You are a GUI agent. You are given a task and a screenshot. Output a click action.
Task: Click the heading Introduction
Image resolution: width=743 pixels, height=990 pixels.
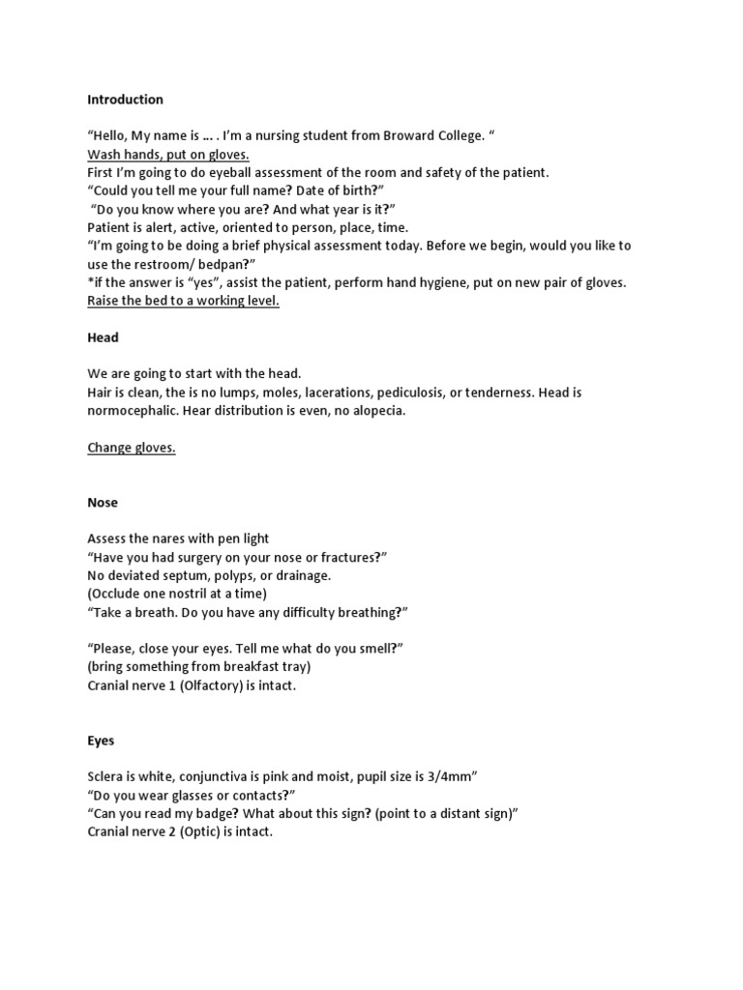coord(125,100)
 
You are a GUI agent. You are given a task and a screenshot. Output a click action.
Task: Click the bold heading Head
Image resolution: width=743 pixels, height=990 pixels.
coord(103,337)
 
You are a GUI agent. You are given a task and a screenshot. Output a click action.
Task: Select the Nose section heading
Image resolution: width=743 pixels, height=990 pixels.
coord(103,503)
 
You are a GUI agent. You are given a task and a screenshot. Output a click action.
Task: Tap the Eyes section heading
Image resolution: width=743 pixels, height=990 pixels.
coord(101,741)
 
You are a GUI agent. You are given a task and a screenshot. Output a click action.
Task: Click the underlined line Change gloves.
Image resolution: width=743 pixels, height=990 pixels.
coord(132,448)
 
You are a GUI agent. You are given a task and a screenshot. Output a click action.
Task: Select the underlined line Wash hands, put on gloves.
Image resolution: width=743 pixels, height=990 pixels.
coord(168,155)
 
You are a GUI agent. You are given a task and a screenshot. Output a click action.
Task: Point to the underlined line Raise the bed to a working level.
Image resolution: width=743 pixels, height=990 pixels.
coord(183,301)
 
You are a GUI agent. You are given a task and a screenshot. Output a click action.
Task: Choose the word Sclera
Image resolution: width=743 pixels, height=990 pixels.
coord(107,776)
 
